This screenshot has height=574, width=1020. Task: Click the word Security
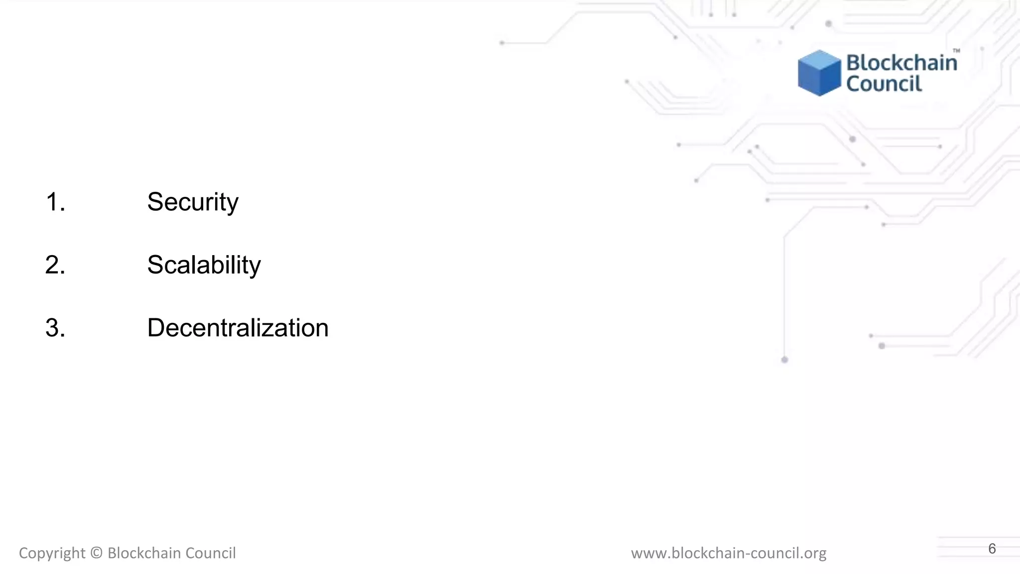[x=193, y=202]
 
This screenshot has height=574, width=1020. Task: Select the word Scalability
[x=204, y=265]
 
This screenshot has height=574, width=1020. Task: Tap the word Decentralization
[x=238, y=328]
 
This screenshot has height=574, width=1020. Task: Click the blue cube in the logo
[x=819, y=73]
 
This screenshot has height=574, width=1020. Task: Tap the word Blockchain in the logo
[x=901, y=63]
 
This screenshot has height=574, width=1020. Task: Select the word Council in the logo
[x=884, y=84]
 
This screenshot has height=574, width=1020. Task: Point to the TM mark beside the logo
[x=956, y=51]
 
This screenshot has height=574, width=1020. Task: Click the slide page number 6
[x=992, y=549]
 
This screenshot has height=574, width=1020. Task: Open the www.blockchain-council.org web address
[x=729, y=553]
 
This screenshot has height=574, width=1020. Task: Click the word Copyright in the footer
[x=52, y=553]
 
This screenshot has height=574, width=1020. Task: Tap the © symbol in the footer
[x=97, y=553]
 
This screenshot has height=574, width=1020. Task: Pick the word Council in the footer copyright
[x=211, y=553]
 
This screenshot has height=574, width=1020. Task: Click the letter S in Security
[x=156, y=202]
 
